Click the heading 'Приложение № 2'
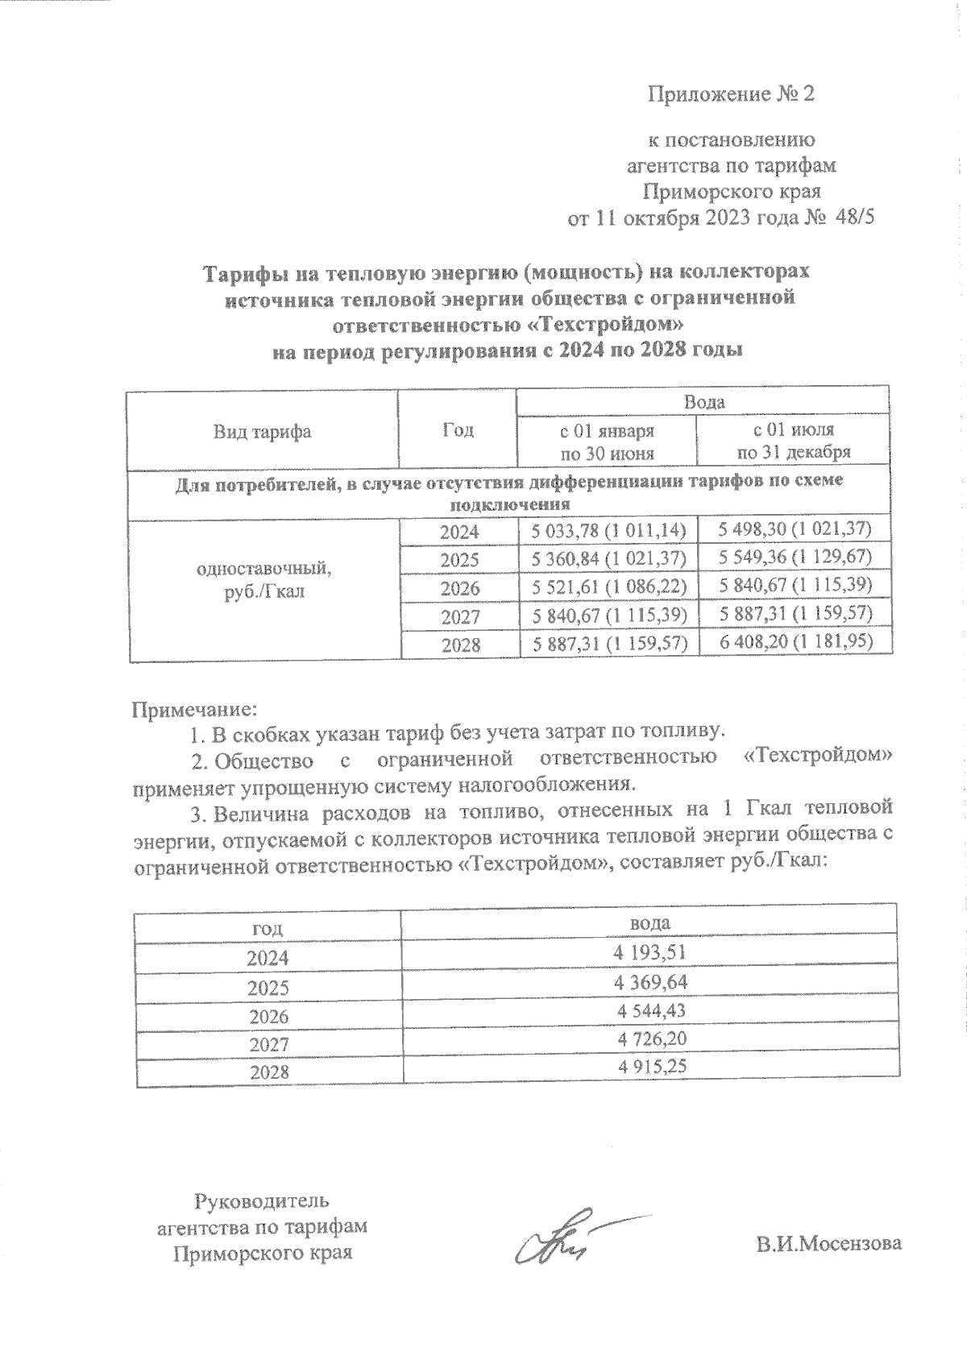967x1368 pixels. point(732,95)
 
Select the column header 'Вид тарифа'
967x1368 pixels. point(262,431)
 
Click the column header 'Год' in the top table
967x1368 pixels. point(458,430)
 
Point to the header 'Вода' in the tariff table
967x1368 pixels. point(703,402)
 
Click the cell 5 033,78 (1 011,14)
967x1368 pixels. point(608,530)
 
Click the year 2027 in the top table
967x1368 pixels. point(460,617)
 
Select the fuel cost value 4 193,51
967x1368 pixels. point(650,953)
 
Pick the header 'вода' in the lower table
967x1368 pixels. point(650,922)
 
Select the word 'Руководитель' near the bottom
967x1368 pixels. point(262,1201)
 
